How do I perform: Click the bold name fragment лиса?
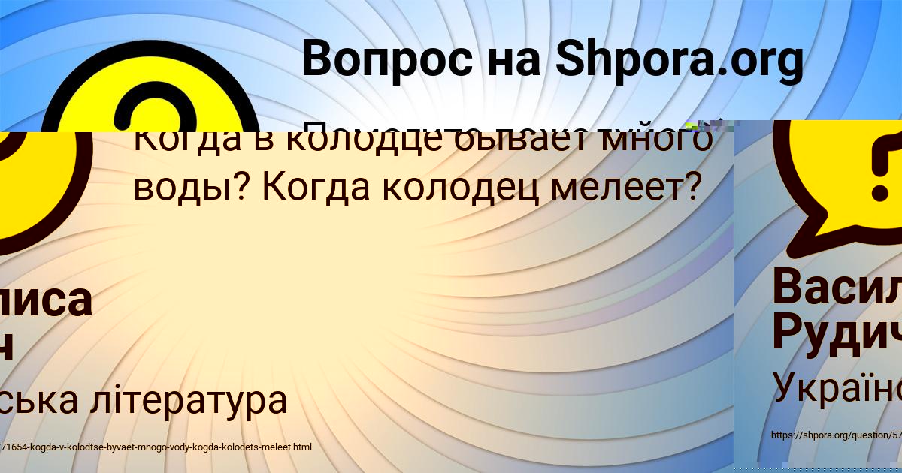(x=45, y=300)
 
